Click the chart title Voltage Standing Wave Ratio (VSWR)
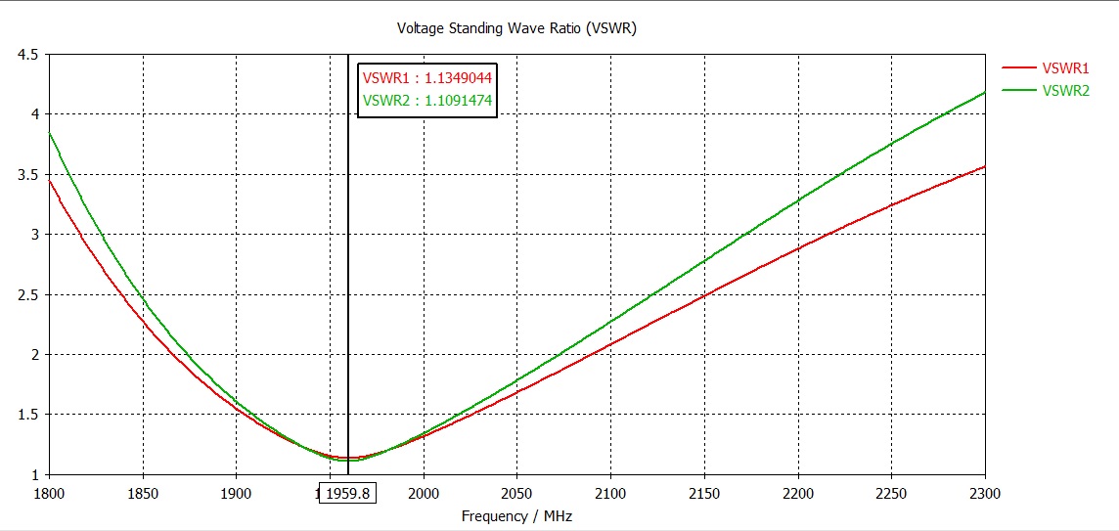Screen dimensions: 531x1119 click(516, 27)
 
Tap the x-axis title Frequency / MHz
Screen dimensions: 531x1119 click(516, 515)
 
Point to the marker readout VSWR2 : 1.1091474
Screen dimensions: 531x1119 click(426, 100)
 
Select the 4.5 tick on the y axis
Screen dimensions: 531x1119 click(27, 55)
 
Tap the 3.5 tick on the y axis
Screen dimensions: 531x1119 click(27, 175)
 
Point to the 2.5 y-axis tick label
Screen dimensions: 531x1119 click(27, 295)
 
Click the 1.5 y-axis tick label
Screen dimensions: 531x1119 click(27, 416)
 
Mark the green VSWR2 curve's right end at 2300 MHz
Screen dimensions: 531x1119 click(984, 92)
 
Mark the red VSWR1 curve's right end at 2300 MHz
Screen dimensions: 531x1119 click(984, 166)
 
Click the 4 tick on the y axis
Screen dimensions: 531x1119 click(33, 114)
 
